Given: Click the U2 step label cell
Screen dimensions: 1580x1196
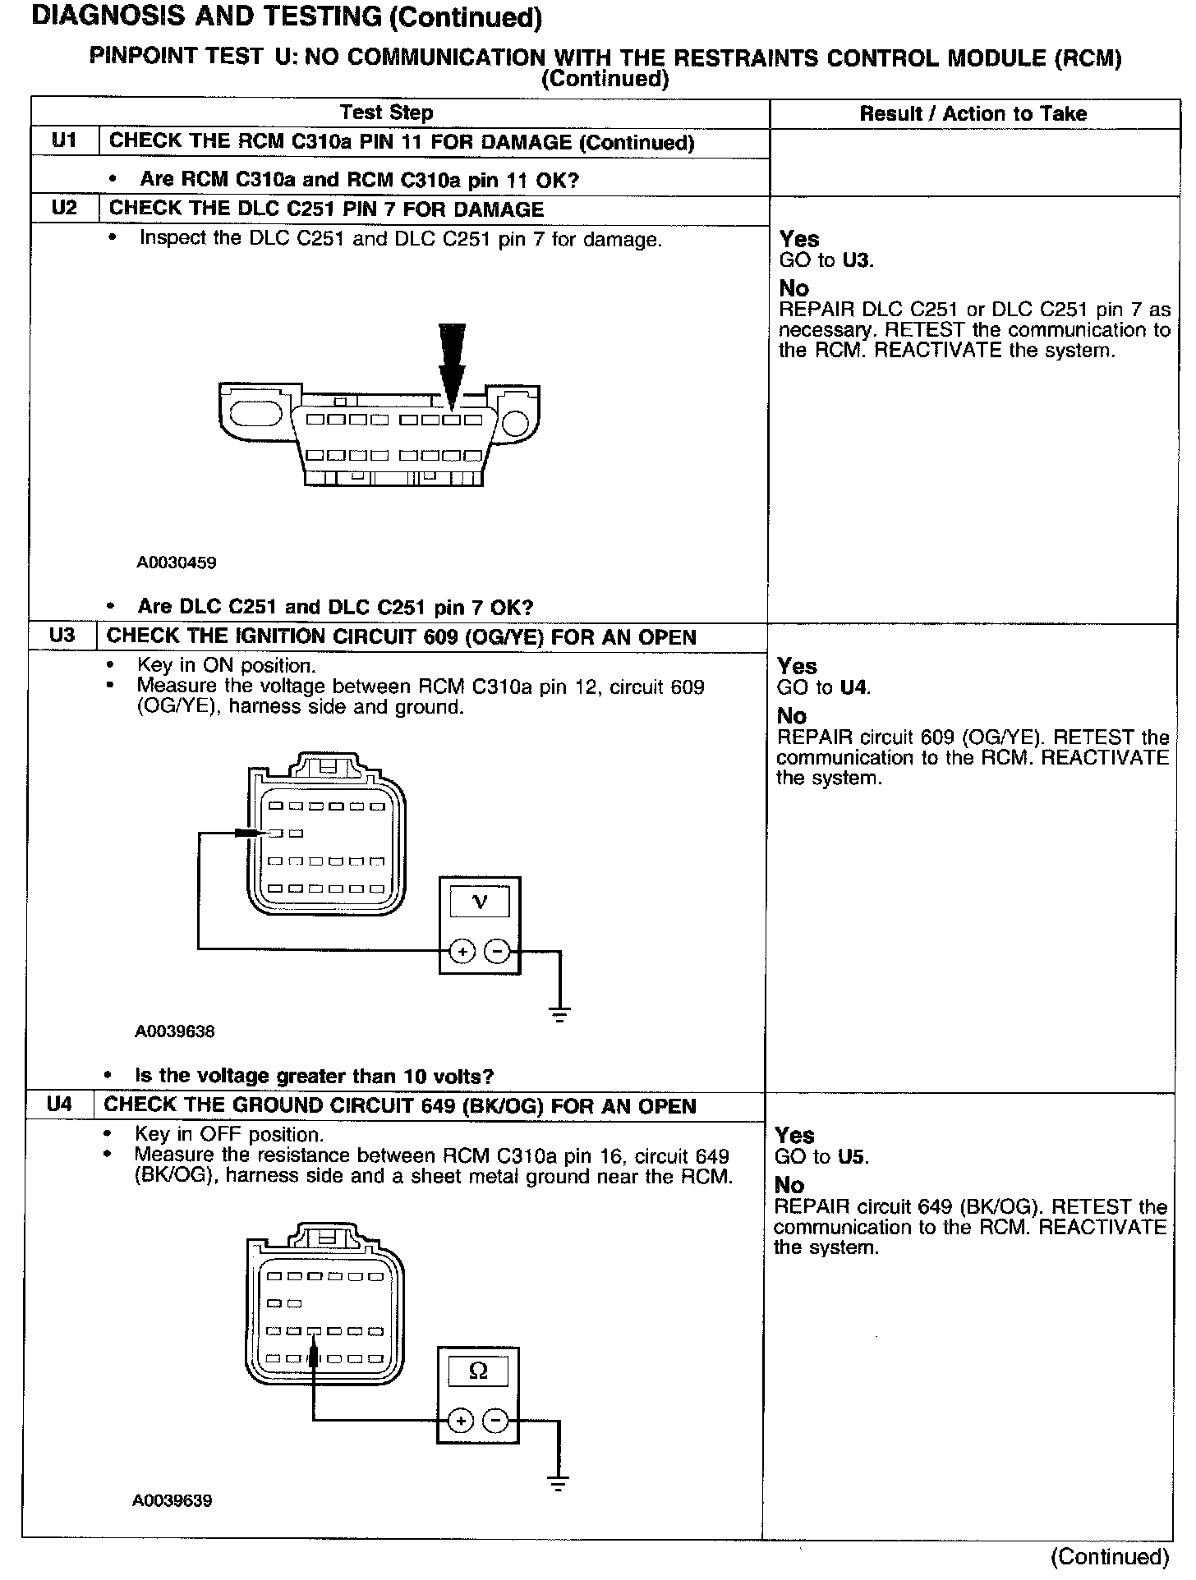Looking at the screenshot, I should [63, 208].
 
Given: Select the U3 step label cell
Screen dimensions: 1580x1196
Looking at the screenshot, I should [62, 636].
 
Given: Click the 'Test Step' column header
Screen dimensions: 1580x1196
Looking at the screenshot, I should [386, 113].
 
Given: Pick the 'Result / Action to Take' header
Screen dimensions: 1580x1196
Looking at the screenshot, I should [973, 113].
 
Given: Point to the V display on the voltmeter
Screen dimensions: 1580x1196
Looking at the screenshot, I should [480, 903].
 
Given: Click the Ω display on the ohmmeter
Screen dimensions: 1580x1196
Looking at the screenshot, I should [477, 1371].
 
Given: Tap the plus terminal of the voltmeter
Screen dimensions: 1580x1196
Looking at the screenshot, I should [462, 951].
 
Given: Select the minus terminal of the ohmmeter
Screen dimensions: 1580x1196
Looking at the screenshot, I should [495, 1420].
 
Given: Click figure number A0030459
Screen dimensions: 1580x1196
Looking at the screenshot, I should [176, 563].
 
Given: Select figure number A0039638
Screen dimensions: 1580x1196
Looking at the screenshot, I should [174, 1031].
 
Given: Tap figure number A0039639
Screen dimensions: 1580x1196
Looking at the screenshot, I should [172, 1500].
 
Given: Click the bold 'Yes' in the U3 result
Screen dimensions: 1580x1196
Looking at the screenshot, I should [797, 665].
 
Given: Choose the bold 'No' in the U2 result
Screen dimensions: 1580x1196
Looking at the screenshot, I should [793, 288].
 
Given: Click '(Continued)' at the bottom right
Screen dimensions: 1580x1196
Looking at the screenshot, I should [1109, 1557].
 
